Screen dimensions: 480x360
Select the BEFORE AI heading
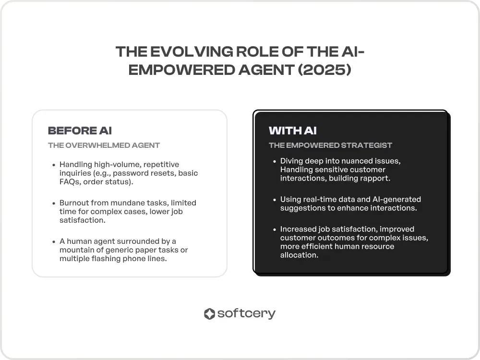click(80, 131)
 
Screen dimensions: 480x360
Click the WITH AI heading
click(293, 131)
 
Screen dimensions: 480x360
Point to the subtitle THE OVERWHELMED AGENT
click(104, 145)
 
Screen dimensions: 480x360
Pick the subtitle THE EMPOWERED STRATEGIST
click(330, 145)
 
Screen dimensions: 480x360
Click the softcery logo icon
click(209, 314)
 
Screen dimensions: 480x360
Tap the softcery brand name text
click(246, 314)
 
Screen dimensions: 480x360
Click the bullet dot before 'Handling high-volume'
click(54, 165)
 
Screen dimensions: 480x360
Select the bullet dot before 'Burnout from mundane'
click(54, 203)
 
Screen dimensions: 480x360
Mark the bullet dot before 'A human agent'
click(54, 241)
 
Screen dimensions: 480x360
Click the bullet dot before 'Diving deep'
click(275, 161)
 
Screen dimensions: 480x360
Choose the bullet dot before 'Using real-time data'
click(275, 200)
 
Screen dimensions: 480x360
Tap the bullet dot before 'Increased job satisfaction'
click(275, 229)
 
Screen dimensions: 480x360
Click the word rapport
click(376, 179)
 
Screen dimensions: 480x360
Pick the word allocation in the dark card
click(299, 255)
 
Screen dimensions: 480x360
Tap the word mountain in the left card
click(77, 250)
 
